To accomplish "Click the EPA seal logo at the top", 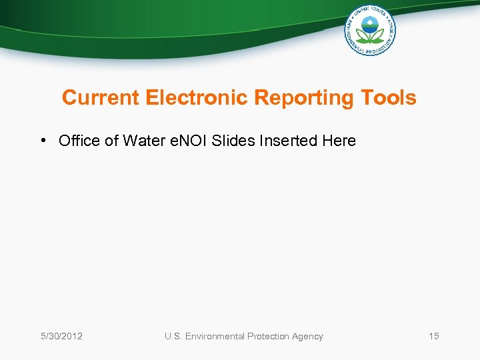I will coord(369,30).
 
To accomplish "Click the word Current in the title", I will coord(101,98).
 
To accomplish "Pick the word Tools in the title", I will coord(389,98).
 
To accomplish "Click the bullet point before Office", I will coord(42,141).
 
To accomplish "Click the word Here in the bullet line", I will coord(339,141).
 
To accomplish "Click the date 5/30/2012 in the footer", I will coord(61,336).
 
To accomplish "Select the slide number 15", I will coord(434,336).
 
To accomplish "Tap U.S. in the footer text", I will coord(174,336).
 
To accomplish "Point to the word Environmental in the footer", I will coord(215,336).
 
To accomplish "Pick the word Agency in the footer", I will coord(307,336).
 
